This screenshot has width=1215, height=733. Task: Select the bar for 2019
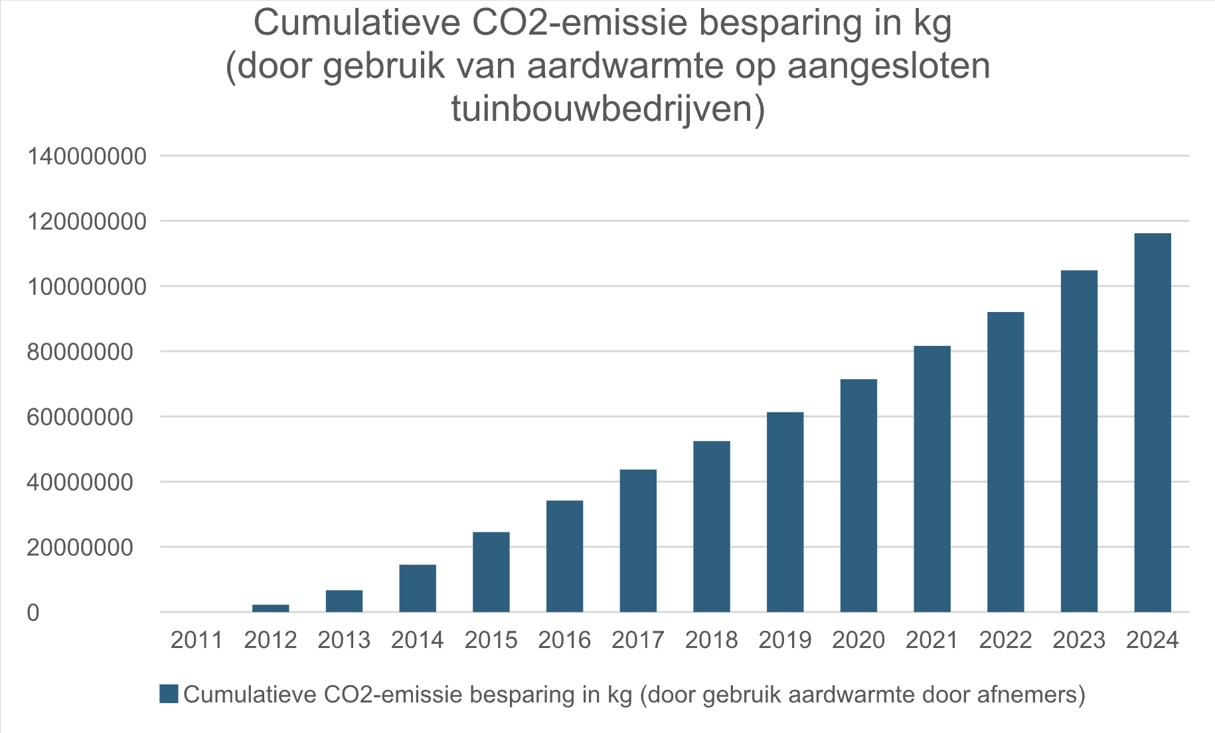[785, 512]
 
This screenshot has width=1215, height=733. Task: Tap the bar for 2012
[270, 608]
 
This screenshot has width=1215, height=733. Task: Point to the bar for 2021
[931, 479]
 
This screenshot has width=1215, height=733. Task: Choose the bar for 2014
[418, 588]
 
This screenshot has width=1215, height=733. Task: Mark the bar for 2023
[1079, 441]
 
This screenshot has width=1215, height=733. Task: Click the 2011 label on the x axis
[197, 640]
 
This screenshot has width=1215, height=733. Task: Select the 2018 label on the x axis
[711, 640]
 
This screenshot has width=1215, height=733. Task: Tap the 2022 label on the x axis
[1005, 640]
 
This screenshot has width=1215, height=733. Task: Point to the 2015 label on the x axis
[491, 640]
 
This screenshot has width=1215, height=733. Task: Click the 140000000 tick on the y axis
[86, 157]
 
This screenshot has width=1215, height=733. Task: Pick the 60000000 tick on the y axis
[80, 417]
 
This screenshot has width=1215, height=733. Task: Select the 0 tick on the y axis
[33, 613]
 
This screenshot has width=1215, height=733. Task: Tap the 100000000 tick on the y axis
[86, 287]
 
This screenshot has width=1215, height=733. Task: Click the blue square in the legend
[169, 694]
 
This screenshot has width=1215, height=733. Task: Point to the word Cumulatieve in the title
[357, 24]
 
